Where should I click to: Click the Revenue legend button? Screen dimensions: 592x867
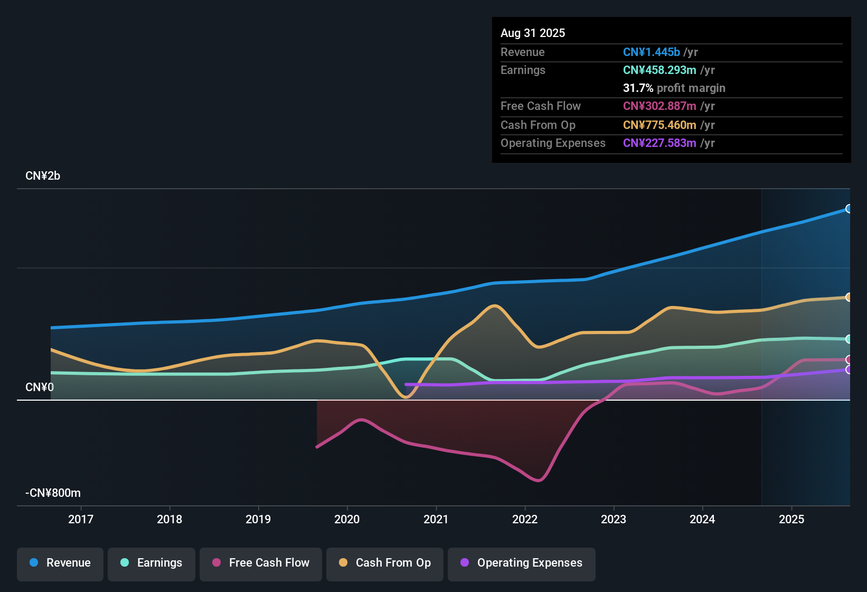(60, 563)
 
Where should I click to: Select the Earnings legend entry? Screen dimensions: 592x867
(152, 563)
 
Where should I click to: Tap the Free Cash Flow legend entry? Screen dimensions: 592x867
(261, 563)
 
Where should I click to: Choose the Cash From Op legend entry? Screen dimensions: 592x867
(385, 563)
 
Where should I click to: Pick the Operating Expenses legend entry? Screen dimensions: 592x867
(522, 563)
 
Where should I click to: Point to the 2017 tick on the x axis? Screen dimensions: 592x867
(81, 520)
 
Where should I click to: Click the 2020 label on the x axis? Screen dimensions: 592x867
(347, 520)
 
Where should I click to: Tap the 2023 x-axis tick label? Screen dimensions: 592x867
(614, 520)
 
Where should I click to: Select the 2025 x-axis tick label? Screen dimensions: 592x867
(791, 520)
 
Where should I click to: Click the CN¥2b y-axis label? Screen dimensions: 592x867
(43, 176)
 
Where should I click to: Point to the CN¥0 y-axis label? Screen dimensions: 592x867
(40, 387)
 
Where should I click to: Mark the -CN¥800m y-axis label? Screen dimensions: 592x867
(53, 493)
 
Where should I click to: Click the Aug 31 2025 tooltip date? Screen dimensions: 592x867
(533, 33)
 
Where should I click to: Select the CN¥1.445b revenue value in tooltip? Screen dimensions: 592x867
(651, 52)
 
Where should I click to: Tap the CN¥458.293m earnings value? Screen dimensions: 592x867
(659, 70)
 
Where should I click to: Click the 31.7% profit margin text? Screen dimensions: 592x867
(674, 88)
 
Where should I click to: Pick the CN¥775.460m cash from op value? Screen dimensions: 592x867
(659, 125)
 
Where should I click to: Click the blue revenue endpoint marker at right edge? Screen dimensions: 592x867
(849, 209)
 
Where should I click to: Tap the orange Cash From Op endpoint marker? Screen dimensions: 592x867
(849, 297)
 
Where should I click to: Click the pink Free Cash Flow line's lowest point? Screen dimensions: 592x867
(538, 480)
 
